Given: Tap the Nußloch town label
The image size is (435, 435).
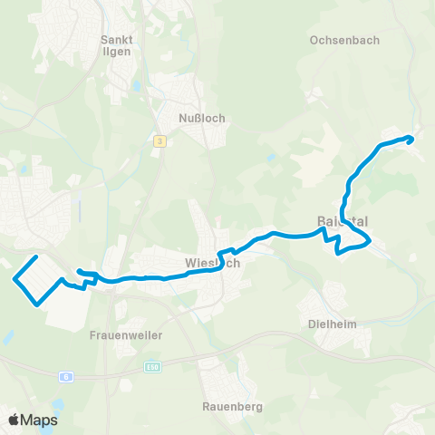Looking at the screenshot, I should pyautogui.click(x=203, y=118).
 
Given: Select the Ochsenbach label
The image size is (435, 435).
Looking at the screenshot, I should pyautogui.click(x=343, y=41).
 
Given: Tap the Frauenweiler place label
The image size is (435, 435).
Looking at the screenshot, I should pyautogui.click(x=126, y=335).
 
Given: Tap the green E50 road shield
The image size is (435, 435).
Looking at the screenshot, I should pyautogui.click(x=151, y=367).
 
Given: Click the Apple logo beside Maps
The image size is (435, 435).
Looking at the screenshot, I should pyautogui.click(x=14, y=420).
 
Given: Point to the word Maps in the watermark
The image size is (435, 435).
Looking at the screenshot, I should pyautogui.click(x=40, y=420).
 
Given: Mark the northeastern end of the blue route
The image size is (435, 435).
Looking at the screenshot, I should pyautogui.click(x=411, y=138).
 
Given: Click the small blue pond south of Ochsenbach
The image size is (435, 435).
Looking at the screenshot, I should pyautogui.click(x=271, y=158).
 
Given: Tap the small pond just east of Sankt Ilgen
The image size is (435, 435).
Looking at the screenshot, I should pyautogui.click(x=137, y=86).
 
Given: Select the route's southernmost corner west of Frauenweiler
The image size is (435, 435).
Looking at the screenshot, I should pyautogui.click(x=37, y=304).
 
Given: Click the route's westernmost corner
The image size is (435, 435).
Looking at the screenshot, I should pyautogui.click(x=14, y=279).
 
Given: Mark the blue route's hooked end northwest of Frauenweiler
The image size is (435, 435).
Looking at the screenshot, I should pyautogui.click(x=79, y=270).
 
